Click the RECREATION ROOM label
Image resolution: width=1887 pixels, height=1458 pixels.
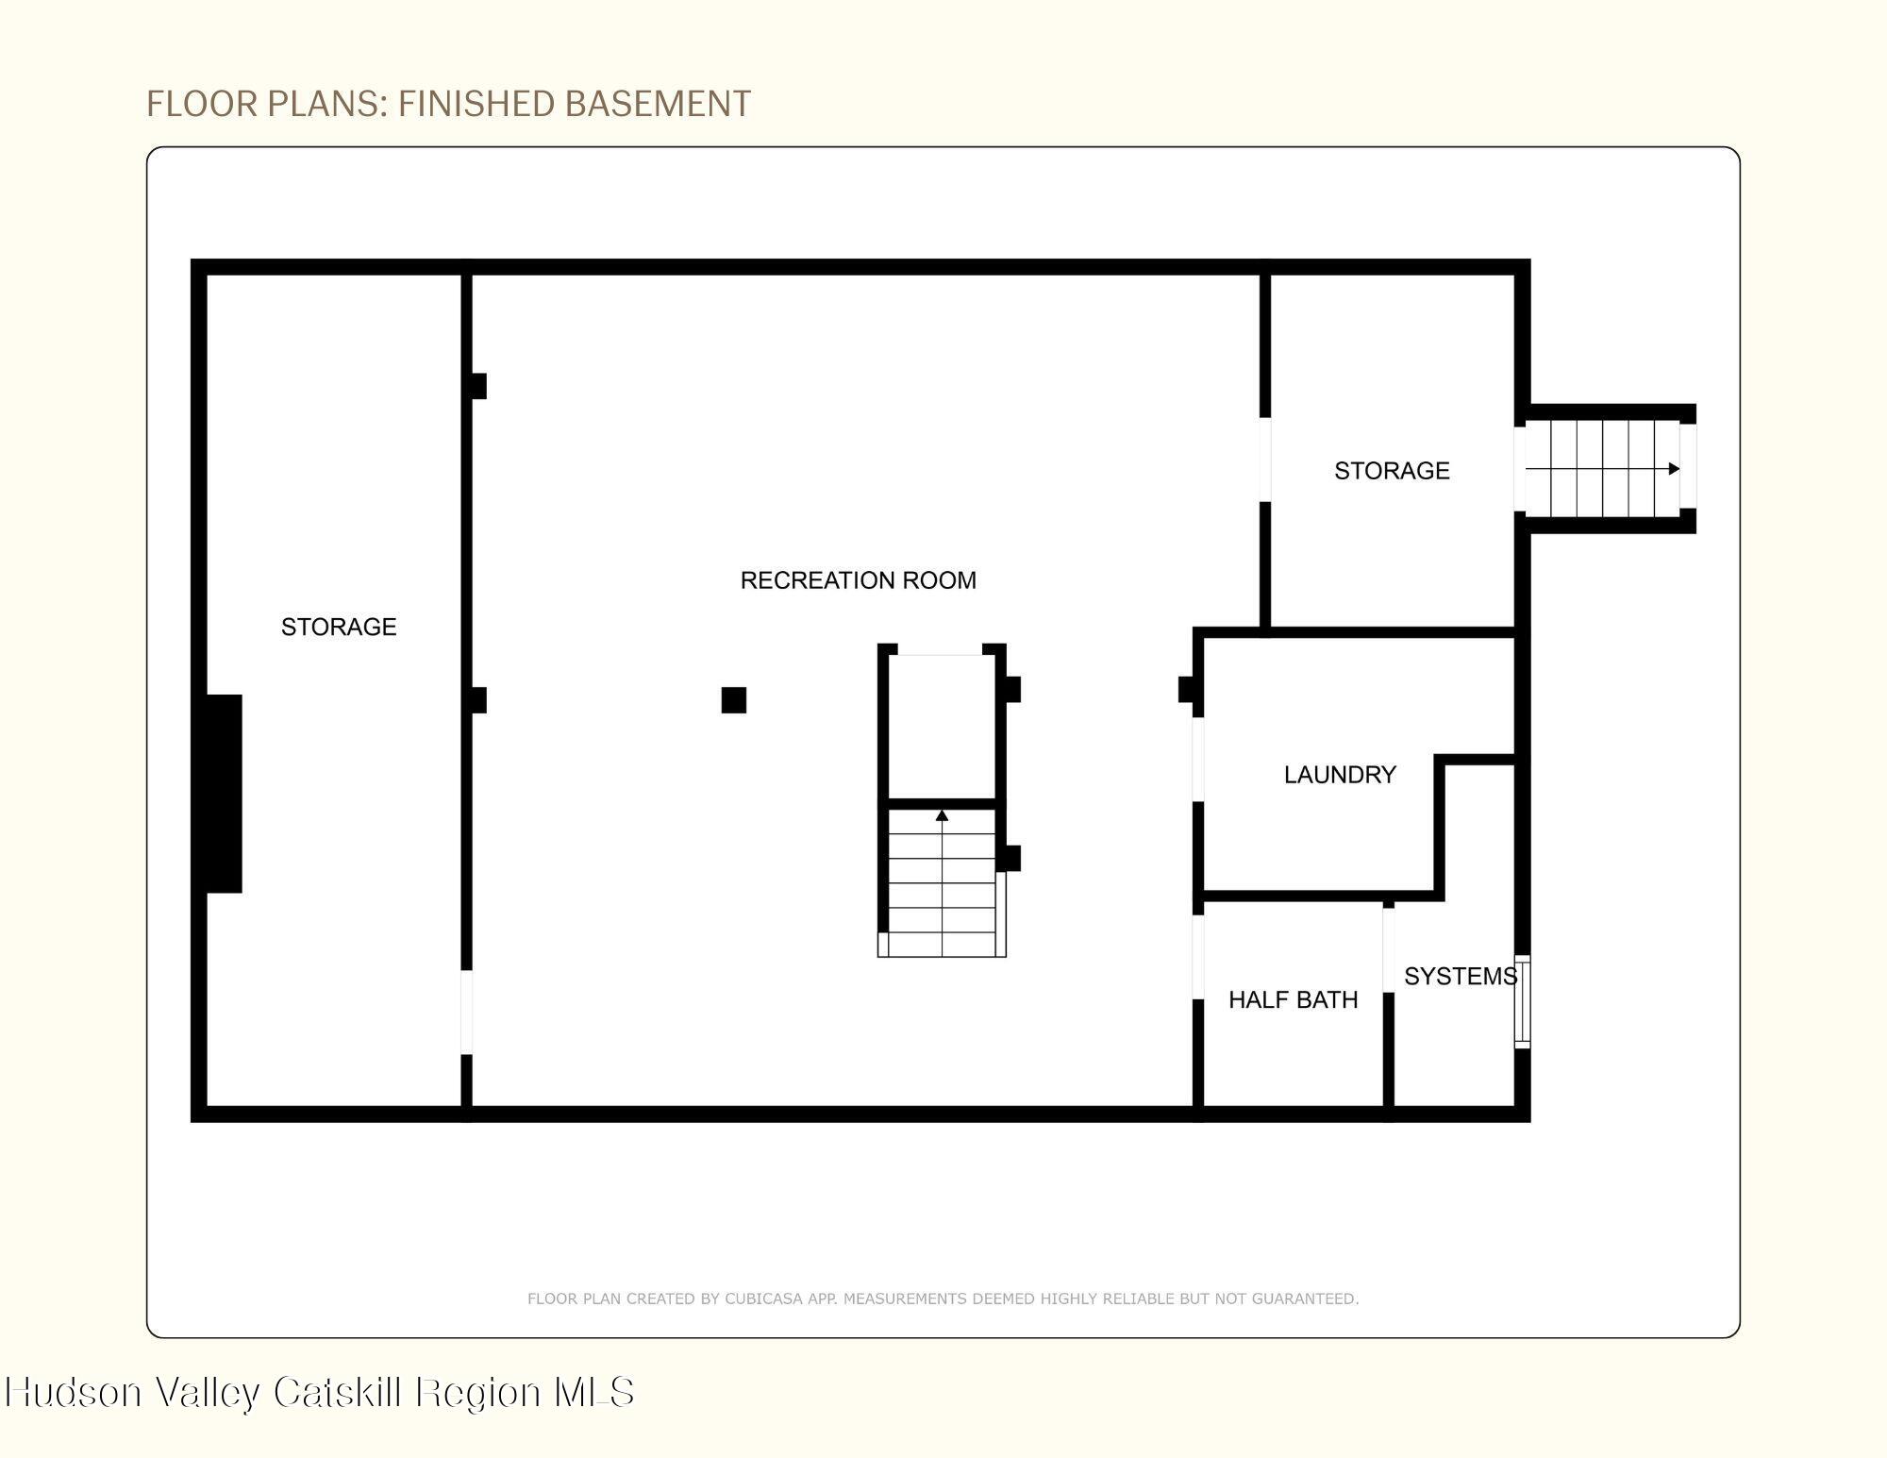858,580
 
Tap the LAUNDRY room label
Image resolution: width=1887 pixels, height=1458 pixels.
1340,775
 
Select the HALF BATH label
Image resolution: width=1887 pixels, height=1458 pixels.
1293,999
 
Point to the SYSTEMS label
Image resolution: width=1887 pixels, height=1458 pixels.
1461,976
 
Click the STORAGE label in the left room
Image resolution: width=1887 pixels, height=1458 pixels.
339,627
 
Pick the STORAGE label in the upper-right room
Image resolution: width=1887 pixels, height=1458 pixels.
1392,470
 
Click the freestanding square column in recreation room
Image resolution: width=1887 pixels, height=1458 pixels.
733,700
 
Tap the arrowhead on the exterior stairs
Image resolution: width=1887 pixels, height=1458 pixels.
1674,469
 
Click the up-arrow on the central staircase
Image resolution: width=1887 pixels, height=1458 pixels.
942,815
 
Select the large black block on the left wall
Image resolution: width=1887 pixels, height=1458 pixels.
224,794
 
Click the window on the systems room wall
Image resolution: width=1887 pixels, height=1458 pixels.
1522,1001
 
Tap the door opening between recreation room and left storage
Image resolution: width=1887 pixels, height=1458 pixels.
466,1012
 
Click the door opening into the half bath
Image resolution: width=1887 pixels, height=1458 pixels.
1198,957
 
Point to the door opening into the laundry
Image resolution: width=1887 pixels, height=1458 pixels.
1198,760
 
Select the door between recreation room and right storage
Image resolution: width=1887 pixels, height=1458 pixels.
1265,460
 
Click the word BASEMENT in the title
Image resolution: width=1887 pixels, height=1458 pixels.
658,104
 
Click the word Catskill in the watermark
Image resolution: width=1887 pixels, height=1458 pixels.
338,1392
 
